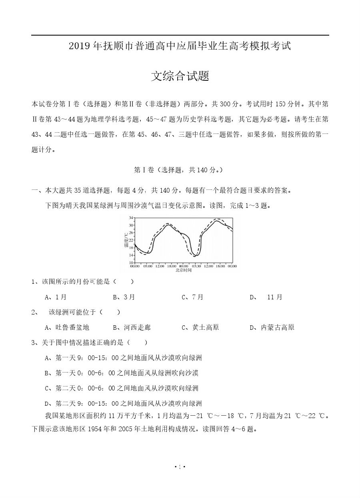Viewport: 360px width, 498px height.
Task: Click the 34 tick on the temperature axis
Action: coord(131,218)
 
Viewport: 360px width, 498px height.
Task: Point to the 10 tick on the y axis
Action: coord(131,262)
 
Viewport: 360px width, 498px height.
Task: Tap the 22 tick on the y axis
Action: coord(131,240)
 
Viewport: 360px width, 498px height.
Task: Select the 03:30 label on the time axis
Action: coord(196,266)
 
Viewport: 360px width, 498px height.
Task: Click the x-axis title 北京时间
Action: coord(183,270)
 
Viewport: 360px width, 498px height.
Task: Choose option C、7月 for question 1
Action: coord(192,297)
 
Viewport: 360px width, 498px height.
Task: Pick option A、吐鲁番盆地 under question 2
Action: coord(67,327)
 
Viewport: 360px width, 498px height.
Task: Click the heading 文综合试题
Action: coord(180,76)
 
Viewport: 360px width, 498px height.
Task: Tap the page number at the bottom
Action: coord(180,467)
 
